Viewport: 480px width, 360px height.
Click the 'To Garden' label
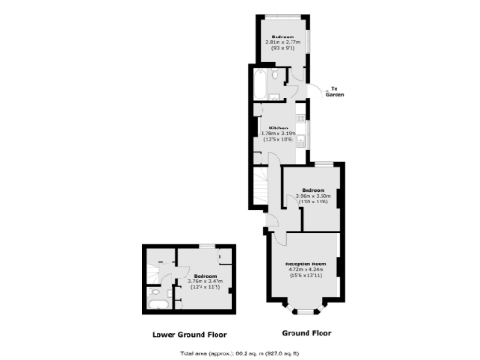coord(335,92)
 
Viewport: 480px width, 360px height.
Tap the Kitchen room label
coord(278,127)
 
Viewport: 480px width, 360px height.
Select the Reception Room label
coord(306,265)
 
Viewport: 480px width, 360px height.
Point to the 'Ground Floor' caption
coord(307,333)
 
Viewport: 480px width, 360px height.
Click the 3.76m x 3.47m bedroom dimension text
coord(205,281)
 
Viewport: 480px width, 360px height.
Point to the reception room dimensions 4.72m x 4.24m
coord(306,271)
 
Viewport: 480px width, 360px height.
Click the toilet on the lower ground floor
coord(153,292)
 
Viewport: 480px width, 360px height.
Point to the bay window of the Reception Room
coord(306,310)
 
